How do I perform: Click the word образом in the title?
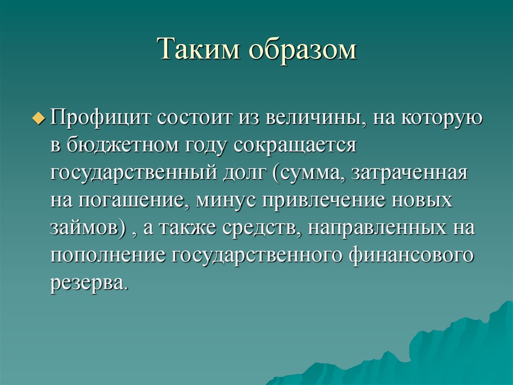[x=301, y=51]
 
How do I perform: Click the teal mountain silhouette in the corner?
[x=451, y=351]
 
